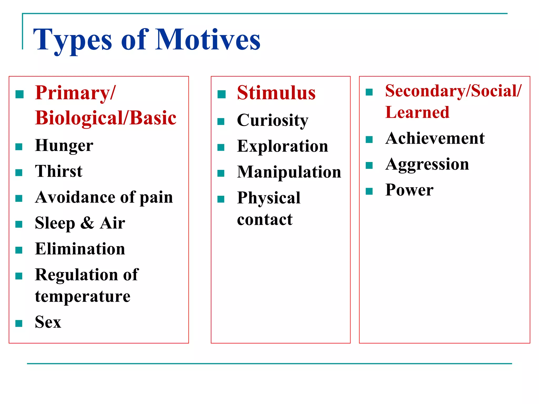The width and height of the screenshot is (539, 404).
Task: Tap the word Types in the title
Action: point(72,40)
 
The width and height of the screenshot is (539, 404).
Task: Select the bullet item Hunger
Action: point(64,145)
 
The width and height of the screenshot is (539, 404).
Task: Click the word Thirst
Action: point(59,171)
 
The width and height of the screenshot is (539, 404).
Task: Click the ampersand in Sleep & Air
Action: point(87,223)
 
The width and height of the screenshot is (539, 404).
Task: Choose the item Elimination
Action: point(80,249)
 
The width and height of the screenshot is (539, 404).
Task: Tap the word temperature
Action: point(83,296)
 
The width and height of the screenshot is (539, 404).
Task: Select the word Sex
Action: point(48,322)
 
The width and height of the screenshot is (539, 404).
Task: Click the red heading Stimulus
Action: point(276,93)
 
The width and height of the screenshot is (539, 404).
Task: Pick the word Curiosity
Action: point(272,120)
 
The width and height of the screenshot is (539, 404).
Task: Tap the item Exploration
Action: point(282,146)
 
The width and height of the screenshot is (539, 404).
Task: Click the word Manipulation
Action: point(289,172)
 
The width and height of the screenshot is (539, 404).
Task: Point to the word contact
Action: point(264,220)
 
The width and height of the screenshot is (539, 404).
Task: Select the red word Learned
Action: point(417,112)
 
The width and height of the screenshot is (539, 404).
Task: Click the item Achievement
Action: point(435,138)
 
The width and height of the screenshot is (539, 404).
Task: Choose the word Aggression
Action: point(427,164)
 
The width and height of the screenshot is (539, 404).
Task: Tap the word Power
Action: point(409,190)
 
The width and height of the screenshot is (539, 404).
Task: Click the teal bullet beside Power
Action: point(369,191)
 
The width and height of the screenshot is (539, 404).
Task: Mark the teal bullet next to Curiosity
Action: point(221,122)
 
